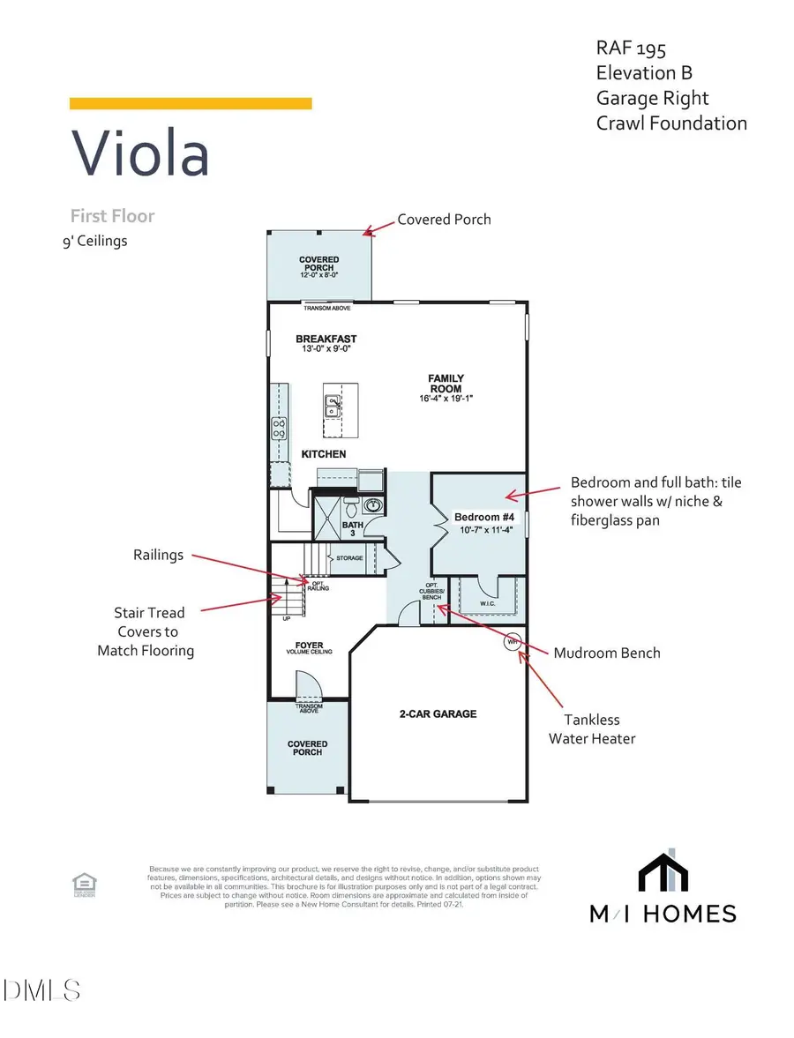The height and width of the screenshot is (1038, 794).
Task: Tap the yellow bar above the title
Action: pos(191,103)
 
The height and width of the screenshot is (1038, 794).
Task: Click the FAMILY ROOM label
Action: pos(446,384)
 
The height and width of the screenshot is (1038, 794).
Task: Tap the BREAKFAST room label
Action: pos(326,339)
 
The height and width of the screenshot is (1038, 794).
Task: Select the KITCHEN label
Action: pos(324,454)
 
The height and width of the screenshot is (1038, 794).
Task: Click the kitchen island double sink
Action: pos(333,407)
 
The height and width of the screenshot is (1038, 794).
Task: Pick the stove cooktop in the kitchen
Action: pos(279,429)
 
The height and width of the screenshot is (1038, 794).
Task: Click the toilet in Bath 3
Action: pos(351,508)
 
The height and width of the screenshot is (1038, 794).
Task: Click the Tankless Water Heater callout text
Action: pos(591,729)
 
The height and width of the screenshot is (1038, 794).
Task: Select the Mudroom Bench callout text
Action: pos(607,653)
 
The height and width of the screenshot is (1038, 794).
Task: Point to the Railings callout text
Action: pos(159,555)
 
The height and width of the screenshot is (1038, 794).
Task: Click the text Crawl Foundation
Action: pos(671,123)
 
